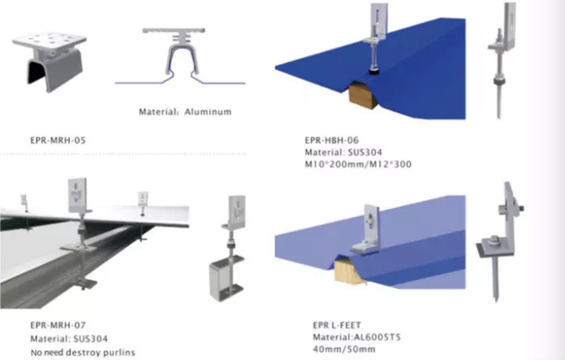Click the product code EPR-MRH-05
coord(58,140)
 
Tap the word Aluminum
coord(208,111)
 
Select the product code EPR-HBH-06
coord(332,140)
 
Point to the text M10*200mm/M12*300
coord(359,164)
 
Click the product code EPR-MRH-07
coord(58,325)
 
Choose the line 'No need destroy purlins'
coord(83,352)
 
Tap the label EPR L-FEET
coord(337,325)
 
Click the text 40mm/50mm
coord(344,349)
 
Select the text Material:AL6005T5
coord(357,337)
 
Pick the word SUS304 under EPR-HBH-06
coord(365,152)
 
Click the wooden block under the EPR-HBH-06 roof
coord(363,93)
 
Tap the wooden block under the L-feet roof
coord(349,271)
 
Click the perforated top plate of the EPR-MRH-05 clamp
coord(50,40)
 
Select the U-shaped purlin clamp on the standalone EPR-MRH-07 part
coord(227,277)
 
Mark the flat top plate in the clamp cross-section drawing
coord(174,30)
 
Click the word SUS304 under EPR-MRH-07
coord(91,338)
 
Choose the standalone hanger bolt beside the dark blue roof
coord(501,60)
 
